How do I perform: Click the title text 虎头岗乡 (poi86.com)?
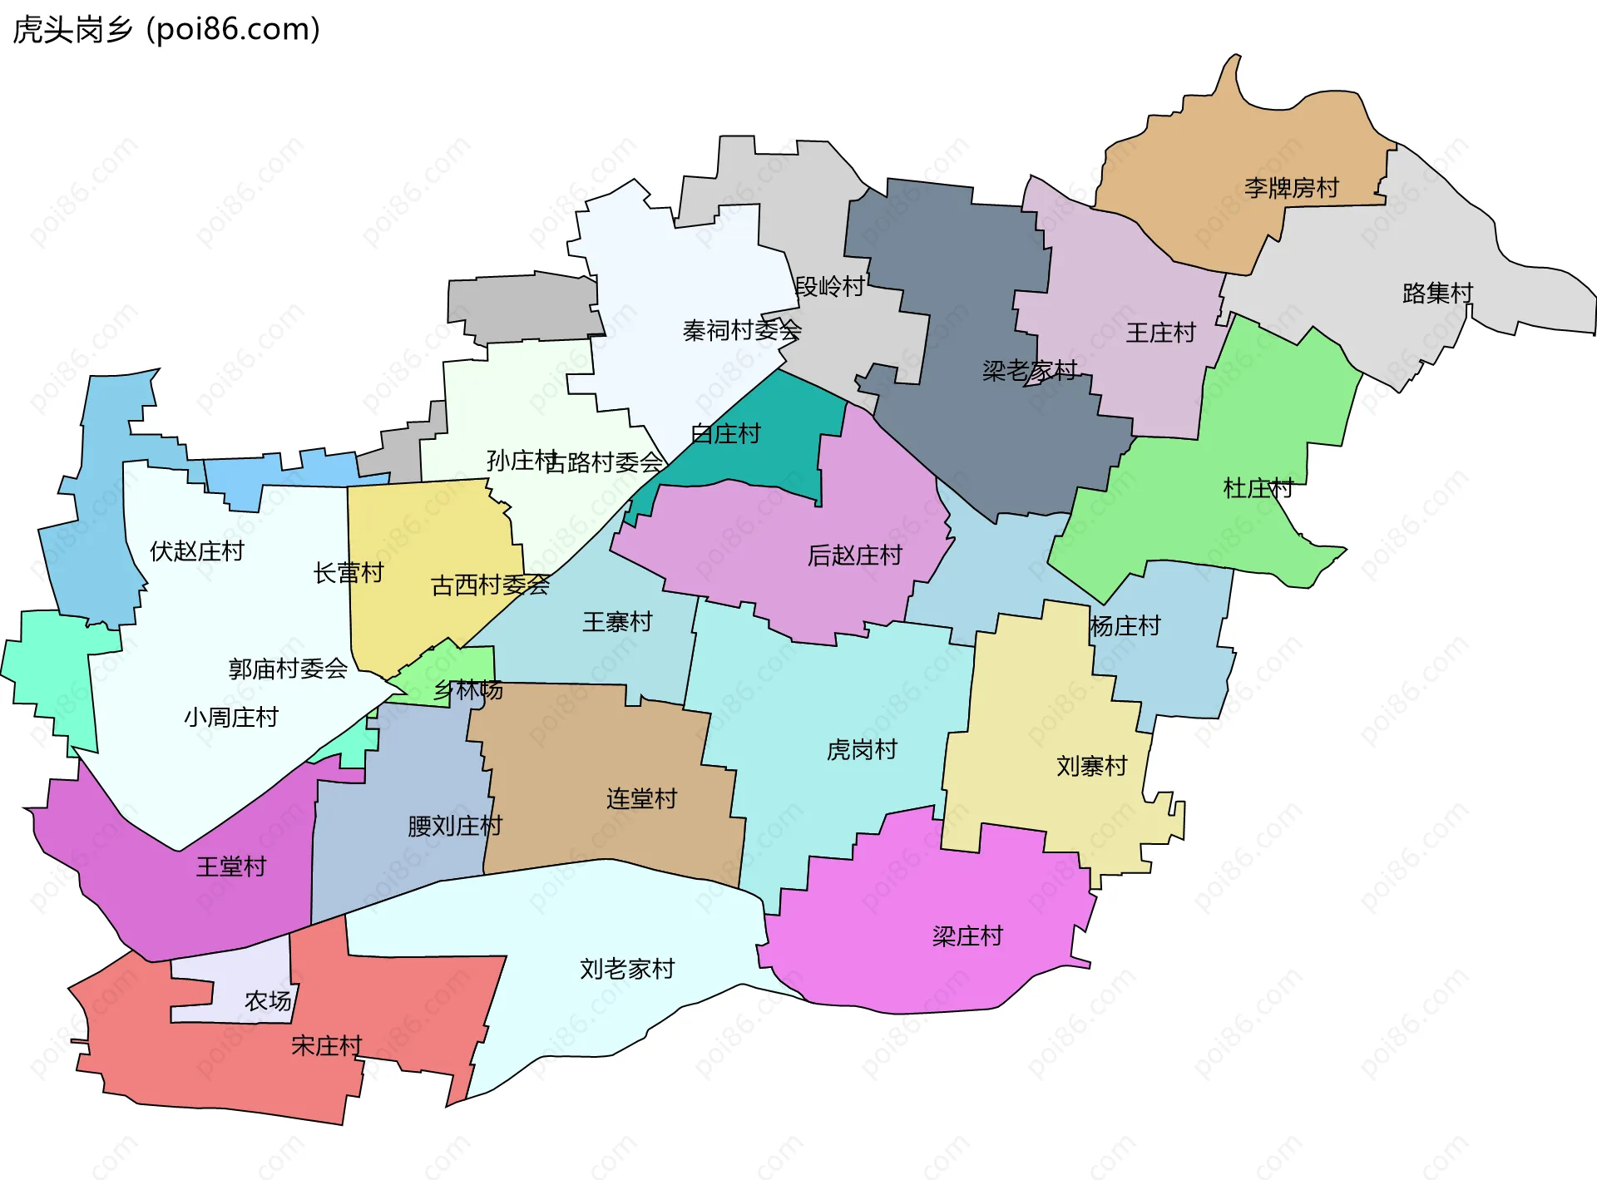[x=166, y=30]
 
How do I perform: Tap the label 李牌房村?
[x=1291, y=188]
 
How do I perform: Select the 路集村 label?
[x=1436, y=293]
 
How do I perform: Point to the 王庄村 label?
[x=1160, y=333]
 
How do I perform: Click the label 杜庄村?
[x=1258, y=488]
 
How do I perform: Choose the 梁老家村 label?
[x=1029, y=370]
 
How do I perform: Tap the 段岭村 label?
[x=829, y=286]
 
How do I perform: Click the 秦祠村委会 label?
[x=741, y=330]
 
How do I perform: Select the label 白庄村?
[x=725, y=433]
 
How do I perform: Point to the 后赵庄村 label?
[x=854, y=555]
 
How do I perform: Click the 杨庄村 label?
[x=1125, y=625]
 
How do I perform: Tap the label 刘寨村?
[x=1091, y=765]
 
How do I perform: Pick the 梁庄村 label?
[x=967, y=936]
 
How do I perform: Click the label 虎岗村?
[x=862, y=749]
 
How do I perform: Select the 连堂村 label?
[x=641, y=798]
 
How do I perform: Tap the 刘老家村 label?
[x=627, y=969]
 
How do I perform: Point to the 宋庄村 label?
[x=326, y=1045]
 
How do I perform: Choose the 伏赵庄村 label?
[x=196, y=551]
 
